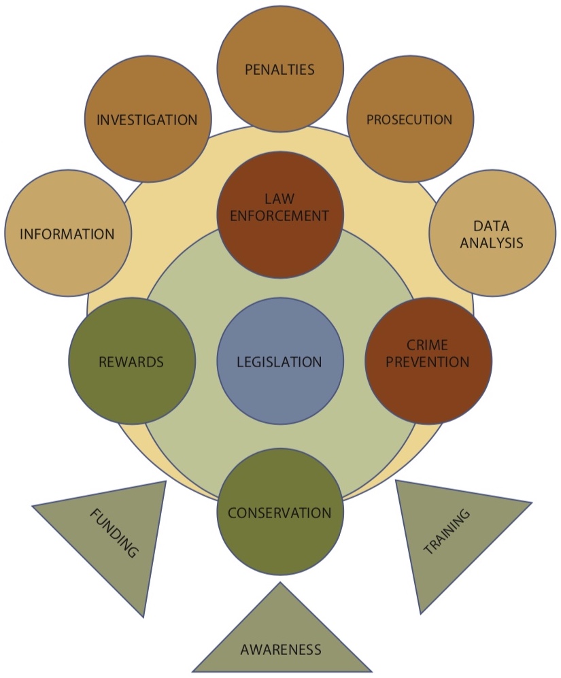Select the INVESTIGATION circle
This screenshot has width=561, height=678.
click(x=148, y=119)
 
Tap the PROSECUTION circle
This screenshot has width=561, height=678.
click(x=409, y=119)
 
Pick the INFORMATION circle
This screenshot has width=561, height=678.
click(x=67, y=233)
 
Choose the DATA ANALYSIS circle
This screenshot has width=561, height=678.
click(x=492, y=233)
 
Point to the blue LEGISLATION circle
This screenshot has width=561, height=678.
click(x=279, y=360)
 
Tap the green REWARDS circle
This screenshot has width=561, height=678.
click(x=131, y=360)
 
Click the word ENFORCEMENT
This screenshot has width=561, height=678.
click(x=279, y=216)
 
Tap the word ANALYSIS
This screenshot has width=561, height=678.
click(x=492, y=243)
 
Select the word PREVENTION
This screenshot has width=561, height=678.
click(x=428, y=362)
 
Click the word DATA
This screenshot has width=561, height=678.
click(x=492, y=225)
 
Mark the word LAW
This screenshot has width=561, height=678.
click(x=279, y=199)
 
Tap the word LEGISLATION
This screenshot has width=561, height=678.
click(x=279, y=362)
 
